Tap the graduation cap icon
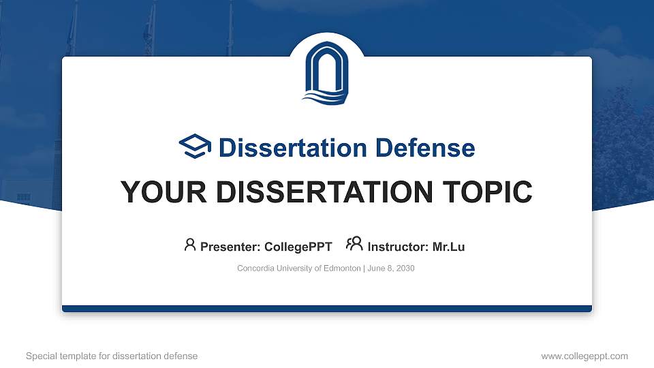(195, 147)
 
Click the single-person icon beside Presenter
(190, 245)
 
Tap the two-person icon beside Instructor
(354, 244)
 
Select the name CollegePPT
(298, 247)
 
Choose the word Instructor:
(398, 247)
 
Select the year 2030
(405, 269)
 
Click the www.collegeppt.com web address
(585, 356)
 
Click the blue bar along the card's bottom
(327, 309)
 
